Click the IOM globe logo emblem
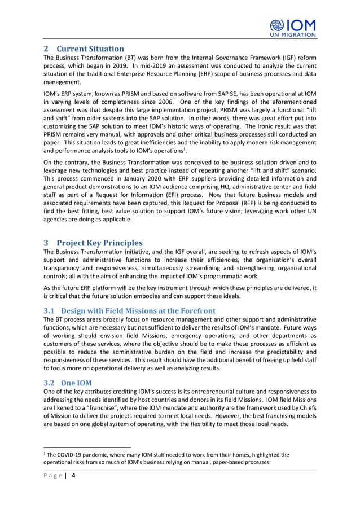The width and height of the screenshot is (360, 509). [x=278, y=25]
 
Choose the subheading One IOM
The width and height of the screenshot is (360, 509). [x=76, y=383]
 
